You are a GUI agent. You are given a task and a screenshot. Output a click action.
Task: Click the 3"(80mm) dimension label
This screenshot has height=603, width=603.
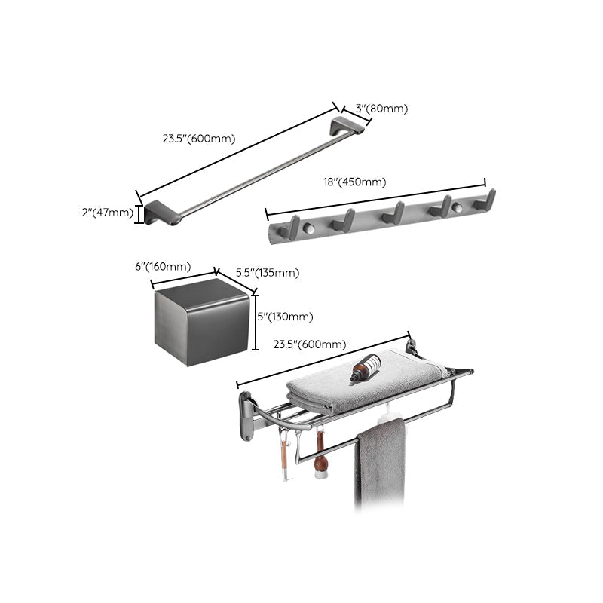[382, 109]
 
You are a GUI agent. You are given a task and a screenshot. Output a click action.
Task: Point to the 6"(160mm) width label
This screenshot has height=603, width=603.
[161, 266]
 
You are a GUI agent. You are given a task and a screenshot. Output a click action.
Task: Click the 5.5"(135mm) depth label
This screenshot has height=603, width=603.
[268, 273]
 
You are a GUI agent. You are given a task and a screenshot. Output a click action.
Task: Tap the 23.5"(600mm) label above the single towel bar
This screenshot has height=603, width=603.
[199, 139]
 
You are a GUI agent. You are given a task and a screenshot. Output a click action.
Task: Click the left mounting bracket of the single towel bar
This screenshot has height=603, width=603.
[164, 213]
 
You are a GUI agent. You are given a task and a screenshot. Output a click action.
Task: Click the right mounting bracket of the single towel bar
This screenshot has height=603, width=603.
[350, 125]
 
